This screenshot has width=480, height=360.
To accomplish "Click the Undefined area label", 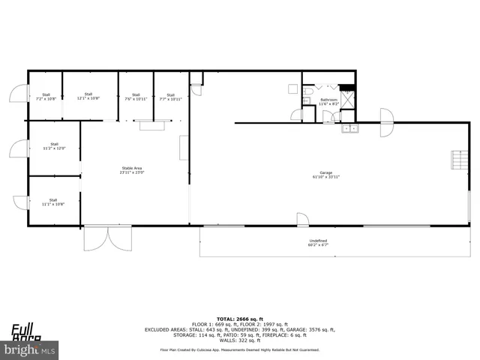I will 318,242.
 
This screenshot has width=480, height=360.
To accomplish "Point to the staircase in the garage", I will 455,161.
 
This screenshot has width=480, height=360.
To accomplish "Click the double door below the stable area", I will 109,238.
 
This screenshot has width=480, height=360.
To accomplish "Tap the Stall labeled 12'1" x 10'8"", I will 88,96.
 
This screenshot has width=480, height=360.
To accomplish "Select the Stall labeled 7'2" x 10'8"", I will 45,97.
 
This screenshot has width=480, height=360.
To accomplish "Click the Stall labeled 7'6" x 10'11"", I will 136,97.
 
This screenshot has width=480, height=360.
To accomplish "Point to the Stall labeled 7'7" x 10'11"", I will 170,97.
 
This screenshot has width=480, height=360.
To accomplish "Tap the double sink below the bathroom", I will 350,128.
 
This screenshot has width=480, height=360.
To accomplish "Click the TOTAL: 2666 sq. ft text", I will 239,319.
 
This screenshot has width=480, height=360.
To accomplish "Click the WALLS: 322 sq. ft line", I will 239,340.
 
